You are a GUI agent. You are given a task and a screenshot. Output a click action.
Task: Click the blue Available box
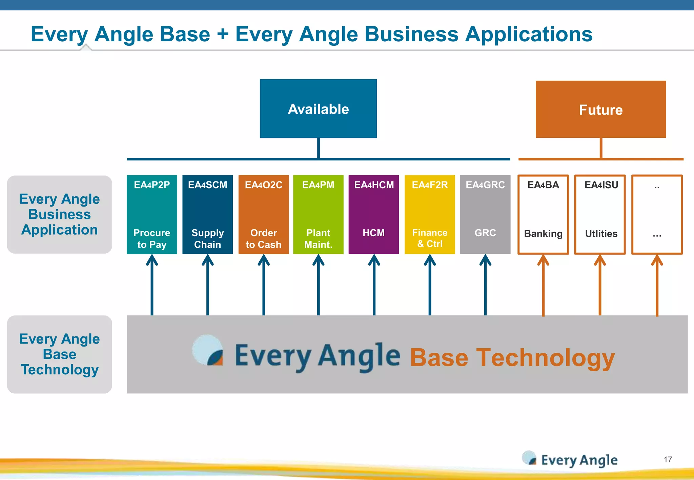318,109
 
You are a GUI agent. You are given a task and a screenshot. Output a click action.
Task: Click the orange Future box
600,109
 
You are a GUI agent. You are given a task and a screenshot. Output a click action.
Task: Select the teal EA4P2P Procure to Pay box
152,214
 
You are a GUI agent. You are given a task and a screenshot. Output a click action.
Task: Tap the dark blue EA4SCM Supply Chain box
207,214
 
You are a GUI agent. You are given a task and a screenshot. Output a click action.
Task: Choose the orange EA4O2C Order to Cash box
263,214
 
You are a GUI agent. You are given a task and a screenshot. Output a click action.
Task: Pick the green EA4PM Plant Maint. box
318,214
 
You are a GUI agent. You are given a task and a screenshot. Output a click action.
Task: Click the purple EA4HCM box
373,214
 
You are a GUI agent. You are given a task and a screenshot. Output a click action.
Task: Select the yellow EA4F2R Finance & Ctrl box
429,214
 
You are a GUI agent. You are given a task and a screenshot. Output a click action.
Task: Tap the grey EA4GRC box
485,214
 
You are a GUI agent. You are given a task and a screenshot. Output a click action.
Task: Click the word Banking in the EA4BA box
543,234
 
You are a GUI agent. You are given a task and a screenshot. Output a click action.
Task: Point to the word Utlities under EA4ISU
601,234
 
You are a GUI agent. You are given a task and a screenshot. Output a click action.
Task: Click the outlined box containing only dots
657,214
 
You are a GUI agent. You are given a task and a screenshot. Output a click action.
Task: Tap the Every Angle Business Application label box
60,214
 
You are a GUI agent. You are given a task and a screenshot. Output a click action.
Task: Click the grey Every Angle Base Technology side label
60,354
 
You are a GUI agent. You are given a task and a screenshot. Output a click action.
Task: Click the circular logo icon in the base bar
208,350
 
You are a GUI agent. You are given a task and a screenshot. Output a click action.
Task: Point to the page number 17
668,459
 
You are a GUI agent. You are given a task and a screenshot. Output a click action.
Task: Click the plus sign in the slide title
223,34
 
